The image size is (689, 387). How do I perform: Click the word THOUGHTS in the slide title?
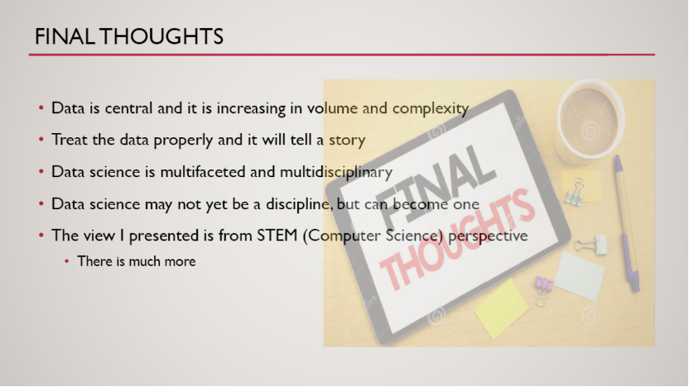pyautogui.click(x=161, y=36)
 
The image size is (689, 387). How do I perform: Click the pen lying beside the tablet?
pyautogui.click(x=627, y=223)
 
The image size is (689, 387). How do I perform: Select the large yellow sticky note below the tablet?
pyautogui.click(x=501, y=309)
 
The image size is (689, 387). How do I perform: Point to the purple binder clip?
pyautogui.click(x=543, y=290)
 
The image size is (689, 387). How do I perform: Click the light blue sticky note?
pyautogui.click(x=580, y=276)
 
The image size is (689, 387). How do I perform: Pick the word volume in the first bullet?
pyautogui.click(x=332, y=108)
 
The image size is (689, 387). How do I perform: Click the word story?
pyautogui.click(x=347, y=141)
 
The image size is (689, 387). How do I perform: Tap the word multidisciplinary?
pyautogui.click(x=336, y=172)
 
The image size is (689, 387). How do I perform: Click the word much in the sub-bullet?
pyautogui.click(x=144, y=261)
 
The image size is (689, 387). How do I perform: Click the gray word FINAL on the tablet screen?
pyautogui.click(x=435, y=184)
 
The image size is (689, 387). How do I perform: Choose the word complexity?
pyautogui.click(x=431, y=109)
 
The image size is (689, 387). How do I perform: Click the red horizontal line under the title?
pyautogui.click(x=342, y=55)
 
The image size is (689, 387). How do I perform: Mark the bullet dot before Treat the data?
pyautogui.click(x=41, y=140)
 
